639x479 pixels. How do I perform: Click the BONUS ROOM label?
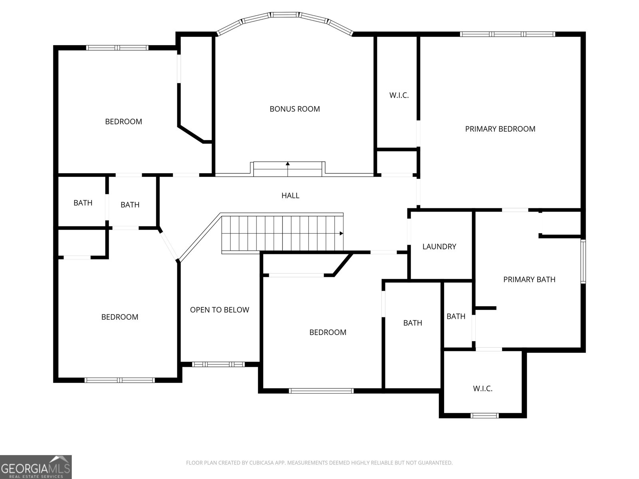294,109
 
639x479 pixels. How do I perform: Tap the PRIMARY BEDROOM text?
500,129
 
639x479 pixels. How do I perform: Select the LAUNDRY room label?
439,247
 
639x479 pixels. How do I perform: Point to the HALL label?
290,196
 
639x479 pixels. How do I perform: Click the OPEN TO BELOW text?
219,310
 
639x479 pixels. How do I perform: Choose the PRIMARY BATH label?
529,279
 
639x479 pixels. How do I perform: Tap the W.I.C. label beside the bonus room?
399,95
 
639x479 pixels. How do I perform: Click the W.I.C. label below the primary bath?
482,388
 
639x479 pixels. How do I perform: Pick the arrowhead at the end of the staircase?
341,233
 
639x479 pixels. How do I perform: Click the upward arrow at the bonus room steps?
288,164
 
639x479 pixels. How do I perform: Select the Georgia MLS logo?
36,467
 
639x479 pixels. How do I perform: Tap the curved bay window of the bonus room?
285,15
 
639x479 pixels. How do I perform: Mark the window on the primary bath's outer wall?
583,261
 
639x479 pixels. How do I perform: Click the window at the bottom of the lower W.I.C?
484,416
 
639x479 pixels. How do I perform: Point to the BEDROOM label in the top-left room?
123,122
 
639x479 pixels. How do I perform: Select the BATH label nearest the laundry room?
456,317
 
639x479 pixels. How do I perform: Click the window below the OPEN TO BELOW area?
218,364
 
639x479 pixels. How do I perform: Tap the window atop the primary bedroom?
507,34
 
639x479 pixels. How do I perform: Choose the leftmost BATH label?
83,203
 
